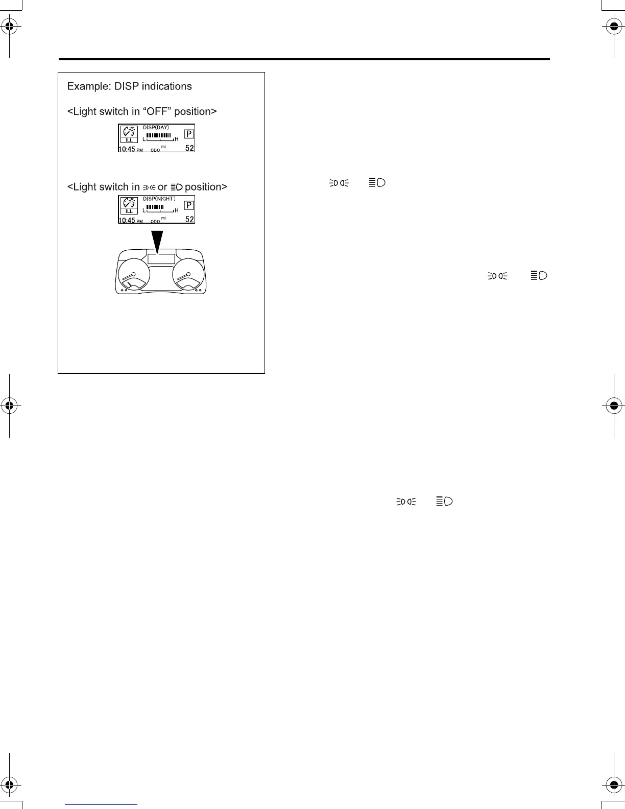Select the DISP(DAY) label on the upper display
point(156,127)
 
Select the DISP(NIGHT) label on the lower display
point(159,199)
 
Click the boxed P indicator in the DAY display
point(189,134)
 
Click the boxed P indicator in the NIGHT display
point(189,205)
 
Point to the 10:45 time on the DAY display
point(127,149)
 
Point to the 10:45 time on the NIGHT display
point(127,221)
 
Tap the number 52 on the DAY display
point(189,148)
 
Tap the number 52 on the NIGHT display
point(189,220)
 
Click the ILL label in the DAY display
point(129,140)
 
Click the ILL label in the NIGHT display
point(129,211)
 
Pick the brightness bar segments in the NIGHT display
point(155,207)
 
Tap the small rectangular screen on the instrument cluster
point(161,258)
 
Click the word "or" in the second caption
point(162,187)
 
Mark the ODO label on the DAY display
point(155,150)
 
